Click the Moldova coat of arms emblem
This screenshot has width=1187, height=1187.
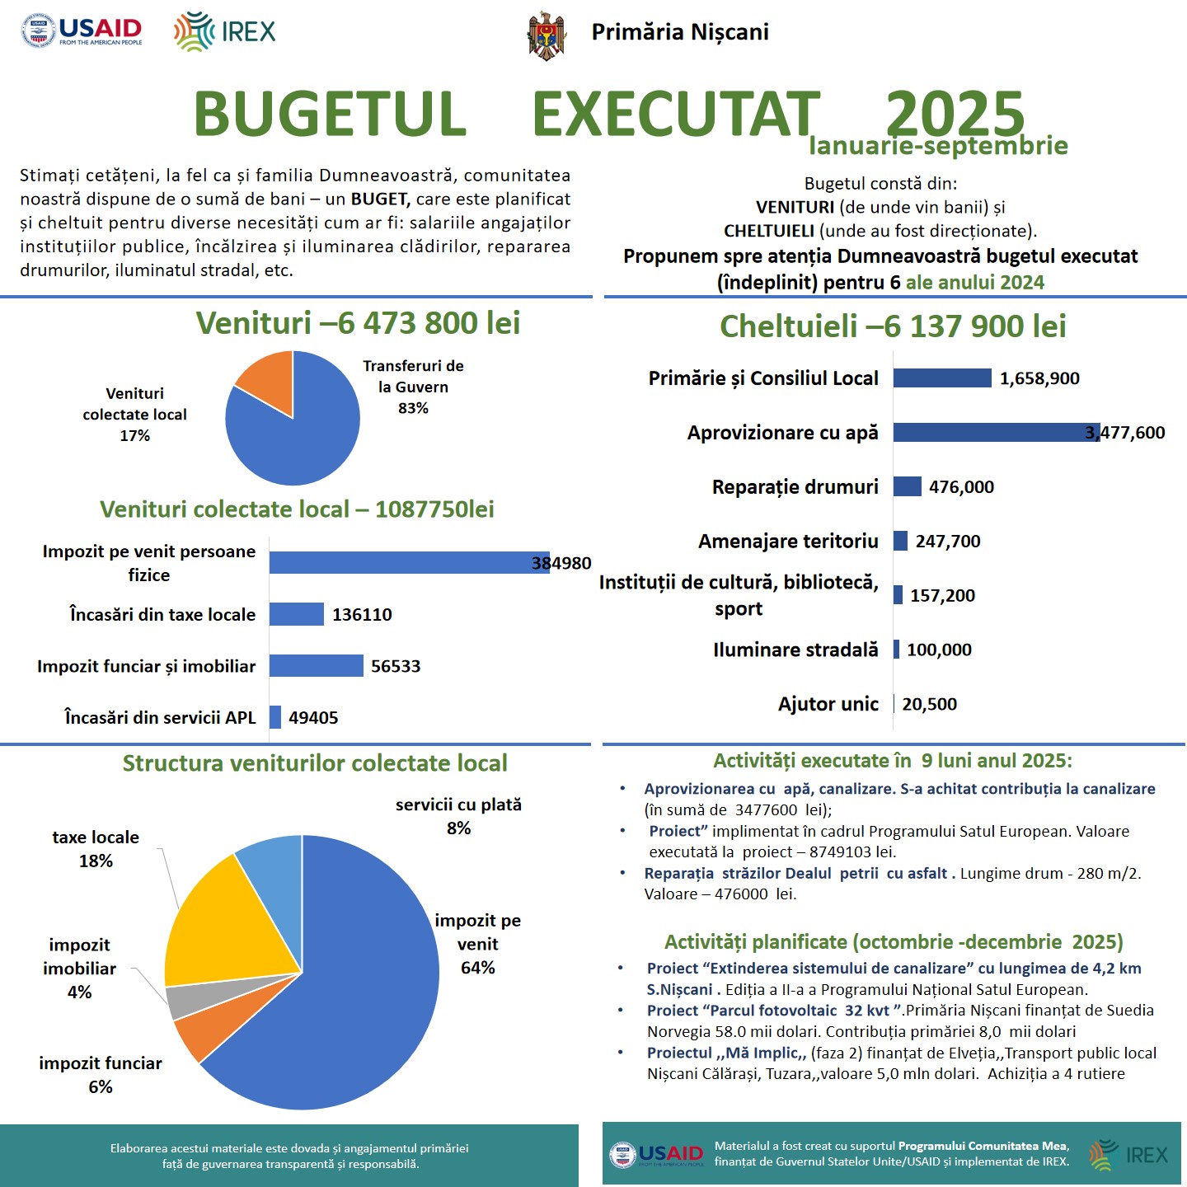tap(547, 35)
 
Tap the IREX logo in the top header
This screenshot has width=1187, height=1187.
tap(225, 32)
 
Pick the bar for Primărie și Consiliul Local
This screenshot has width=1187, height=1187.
tap(942, 378)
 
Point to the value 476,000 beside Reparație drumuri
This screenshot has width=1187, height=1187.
tap(961, 487)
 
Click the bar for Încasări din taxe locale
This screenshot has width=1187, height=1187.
tap(297, 614)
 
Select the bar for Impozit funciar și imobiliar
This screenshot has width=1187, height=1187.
tap(316, 665)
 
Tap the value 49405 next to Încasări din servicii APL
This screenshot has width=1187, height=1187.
tap(313, 718)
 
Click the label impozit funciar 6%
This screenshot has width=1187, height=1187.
tap(101, 1075)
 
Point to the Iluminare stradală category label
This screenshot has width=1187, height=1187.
tap(795, 650)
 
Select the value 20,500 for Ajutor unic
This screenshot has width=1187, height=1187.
tap(929, 704)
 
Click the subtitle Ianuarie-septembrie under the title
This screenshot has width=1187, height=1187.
tap(938, 146)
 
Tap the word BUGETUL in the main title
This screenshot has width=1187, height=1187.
tap(330, 114)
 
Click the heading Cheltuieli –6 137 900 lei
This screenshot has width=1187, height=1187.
tap(893, 326)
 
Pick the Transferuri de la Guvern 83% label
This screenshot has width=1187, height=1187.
tap(413, 387)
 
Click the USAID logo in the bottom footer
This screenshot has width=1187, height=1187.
tap(657, 1154)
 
